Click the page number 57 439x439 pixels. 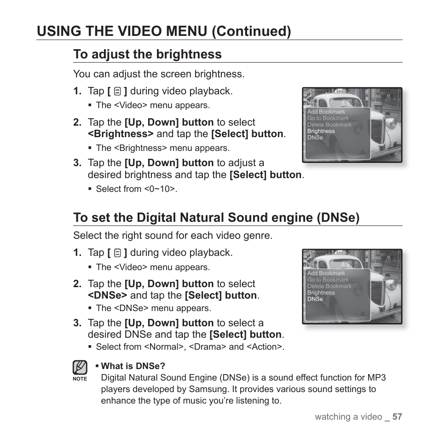(398, 417)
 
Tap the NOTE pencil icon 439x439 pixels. (80, 368)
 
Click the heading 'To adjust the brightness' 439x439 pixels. (147, 54)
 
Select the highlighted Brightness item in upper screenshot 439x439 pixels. (321, 131)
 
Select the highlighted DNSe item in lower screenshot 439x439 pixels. (315, 299)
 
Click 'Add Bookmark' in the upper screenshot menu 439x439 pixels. (326, 112)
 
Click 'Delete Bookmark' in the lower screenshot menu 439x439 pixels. (329, 286)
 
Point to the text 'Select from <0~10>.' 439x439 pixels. (136, 189)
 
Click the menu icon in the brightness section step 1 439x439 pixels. (117, 92)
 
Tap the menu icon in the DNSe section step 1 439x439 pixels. (117, 253)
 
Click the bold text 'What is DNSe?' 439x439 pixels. (133, 366)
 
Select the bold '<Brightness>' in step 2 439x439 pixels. (121, 134)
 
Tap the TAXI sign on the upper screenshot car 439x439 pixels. (341, 91)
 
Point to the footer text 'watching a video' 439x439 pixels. (348, 417)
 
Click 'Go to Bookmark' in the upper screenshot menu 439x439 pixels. (328, 118)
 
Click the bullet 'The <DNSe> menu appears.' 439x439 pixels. (153, 308)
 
